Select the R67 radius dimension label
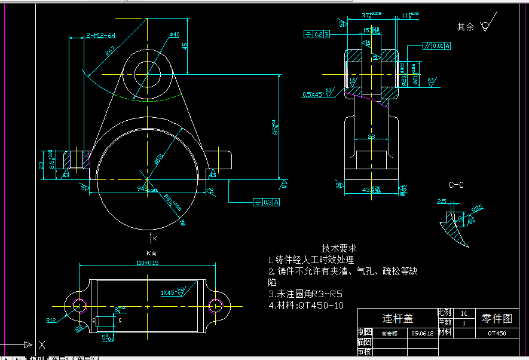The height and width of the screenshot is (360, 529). coord(111,52)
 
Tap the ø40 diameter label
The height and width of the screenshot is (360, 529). coord(175,35)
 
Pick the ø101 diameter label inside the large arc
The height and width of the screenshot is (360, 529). coord(159,158)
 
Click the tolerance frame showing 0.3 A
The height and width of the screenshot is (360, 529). coord(266,202)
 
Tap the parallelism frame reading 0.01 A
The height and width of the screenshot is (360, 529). coord(437,45)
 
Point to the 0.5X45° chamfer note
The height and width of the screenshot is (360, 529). coord(313,94)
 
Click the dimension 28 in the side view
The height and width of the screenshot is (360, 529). coord(371,138)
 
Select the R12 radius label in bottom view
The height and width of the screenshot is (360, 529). coord(51,321)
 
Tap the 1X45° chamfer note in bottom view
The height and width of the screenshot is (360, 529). coord(169,293)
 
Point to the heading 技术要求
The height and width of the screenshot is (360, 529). coord(340,248)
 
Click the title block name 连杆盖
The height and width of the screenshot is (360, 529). coord(397,318)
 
